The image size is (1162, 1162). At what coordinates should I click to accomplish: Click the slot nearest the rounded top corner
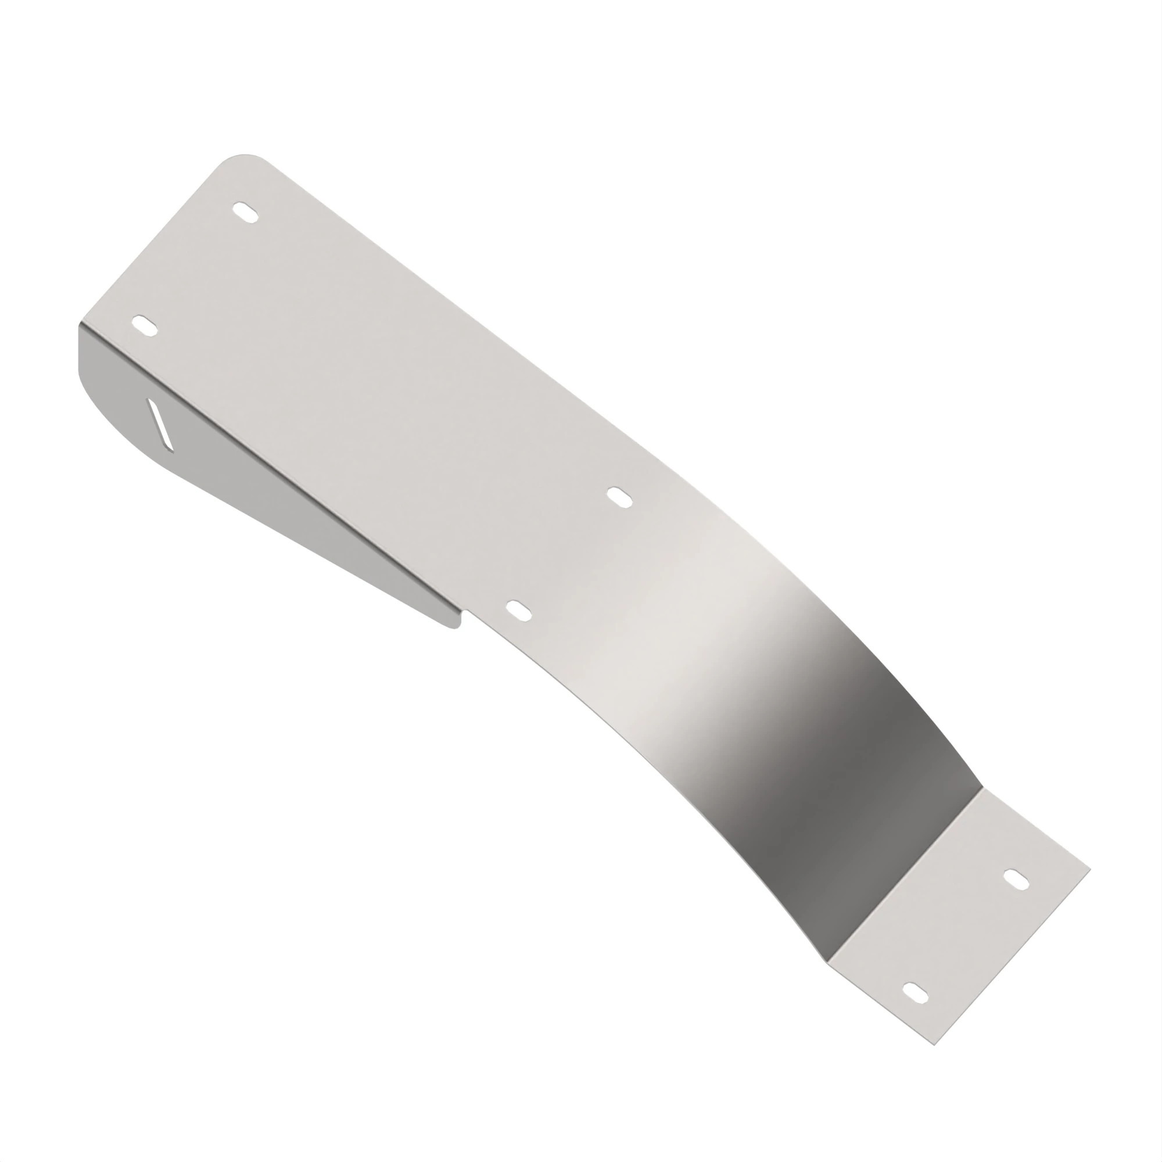coord(245,212)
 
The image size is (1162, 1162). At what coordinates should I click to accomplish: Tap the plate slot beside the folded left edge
coord(144,325)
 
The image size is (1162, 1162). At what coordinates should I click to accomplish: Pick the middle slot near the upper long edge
coord(619,497)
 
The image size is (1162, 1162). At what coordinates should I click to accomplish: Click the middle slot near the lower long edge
coord(518,611)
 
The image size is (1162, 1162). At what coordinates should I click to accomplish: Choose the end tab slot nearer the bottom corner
coord(916,992)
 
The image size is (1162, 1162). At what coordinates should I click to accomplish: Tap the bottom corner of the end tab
coord(935,1045)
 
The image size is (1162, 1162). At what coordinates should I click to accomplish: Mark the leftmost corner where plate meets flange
coord(80,325)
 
